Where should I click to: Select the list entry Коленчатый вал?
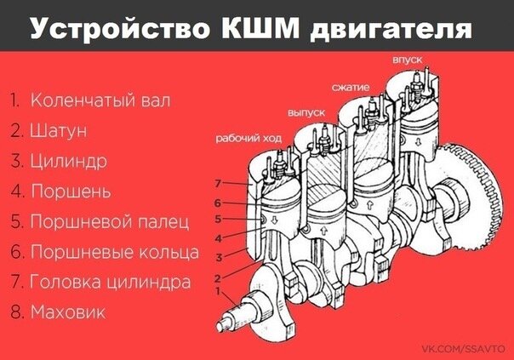[100, 100]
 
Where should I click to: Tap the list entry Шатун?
[59, 130]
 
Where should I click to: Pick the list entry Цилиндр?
[69, 162]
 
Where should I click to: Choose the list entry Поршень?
[71, 191]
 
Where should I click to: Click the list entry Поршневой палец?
[110, 221]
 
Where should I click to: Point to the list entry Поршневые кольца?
[114, 252]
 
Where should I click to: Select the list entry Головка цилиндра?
[110, 282]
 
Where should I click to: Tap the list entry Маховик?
[68, 312]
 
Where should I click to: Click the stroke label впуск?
[408, 60]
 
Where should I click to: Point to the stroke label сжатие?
[351, 88]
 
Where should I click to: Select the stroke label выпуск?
[306, 113]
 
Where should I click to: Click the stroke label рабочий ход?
[248, 138]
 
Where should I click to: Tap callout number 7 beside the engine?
[219, 183]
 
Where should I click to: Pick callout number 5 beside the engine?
[218, 219]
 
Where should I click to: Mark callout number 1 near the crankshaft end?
[218, 291]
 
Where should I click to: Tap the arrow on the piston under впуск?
[419, 142]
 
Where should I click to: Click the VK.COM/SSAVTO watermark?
[463, 349]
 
